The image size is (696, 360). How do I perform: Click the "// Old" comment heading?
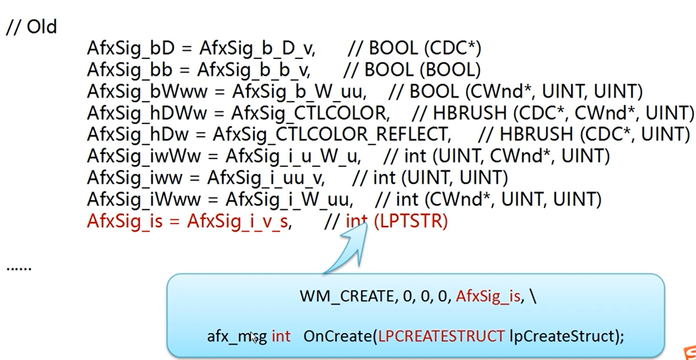[31, 27]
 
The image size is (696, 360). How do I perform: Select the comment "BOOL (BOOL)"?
[421, 70]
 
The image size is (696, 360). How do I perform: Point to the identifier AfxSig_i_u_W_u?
[293, 156]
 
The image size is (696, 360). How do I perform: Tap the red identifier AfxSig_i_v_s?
[238, 221]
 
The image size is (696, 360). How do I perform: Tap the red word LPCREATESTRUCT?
[441, 336]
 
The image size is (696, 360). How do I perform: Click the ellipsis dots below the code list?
[18, 269]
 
